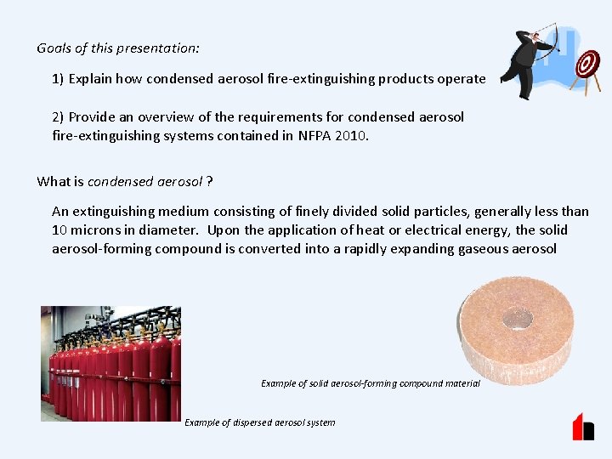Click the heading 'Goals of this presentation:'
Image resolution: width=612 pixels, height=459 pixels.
pyautogui.click(x=118, y=48)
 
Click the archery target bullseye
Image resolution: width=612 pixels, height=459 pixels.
pyautogui.click(x=587, y=64)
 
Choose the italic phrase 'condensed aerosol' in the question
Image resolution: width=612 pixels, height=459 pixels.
pyautogui.click(x=145, y=181)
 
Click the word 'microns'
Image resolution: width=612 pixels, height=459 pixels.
pyautogui.click(x=97, y=230)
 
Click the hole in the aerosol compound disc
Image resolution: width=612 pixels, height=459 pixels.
pyautogui.click(x=517, y=319)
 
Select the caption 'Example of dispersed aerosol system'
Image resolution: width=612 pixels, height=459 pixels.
pyautogui.click(x=259, y=422)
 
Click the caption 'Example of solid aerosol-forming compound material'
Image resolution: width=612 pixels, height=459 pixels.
pyautogui.click(x=371, y=383)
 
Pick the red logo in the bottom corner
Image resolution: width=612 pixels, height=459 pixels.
pyautogui.click(x=583, y=427)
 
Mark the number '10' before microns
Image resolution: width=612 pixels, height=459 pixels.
pyautogui.click(x=60, y=230)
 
